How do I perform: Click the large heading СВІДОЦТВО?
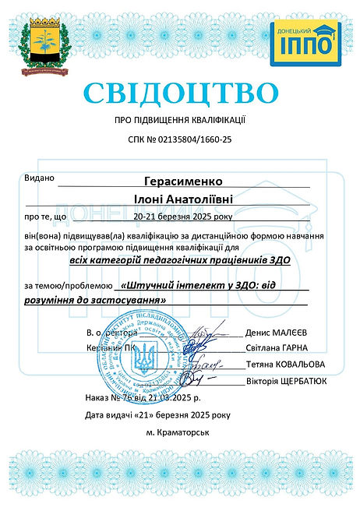point(179,93)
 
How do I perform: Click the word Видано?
point(40,178)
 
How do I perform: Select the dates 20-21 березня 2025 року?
point(182,217)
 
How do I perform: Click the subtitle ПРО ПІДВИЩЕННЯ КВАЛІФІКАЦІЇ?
point(180,121)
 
